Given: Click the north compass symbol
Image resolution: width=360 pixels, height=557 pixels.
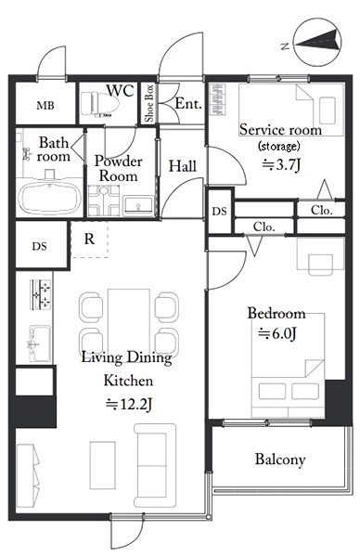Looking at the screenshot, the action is [317, 43].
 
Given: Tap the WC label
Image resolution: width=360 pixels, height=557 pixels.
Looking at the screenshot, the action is [121, 91].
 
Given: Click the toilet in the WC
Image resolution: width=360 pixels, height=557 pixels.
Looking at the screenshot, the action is [99, 104].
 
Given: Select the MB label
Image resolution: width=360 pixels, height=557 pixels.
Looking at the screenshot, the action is [45, 105].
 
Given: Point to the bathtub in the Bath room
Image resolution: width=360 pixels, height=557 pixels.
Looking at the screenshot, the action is [49, 200].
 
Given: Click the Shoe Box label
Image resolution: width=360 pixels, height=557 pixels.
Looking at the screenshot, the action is [149, 103].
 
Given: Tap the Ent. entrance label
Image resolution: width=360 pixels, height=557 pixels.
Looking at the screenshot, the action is [188, 103].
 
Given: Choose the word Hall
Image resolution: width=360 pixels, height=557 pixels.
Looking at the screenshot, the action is [183, 166].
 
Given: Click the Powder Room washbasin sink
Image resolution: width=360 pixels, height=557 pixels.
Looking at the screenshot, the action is [139, 206].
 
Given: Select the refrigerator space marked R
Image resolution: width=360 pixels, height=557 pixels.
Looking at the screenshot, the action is [89, 240].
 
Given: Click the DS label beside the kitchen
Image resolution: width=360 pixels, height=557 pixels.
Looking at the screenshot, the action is [39, 246].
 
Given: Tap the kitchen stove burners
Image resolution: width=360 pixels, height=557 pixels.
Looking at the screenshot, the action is [41, 294].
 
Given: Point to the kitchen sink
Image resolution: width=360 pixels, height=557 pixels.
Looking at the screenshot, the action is [40, 343].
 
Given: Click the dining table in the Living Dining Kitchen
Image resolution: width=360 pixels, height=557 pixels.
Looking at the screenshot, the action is [129, 322].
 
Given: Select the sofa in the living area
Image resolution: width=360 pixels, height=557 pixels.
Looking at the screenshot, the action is [155, 465].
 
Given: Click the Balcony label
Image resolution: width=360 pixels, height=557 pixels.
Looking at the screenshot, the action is [280, 460].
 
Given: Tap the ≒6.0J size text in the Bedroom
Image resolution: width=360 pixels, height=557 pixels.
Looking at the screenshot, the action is [277, 333].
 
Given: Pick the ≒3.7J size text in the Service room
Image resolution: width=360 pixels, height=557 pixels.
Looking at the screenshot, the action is [281, 164].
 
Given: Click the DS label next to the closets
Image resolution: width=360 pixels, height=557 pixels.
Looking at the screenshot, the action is [219, 212].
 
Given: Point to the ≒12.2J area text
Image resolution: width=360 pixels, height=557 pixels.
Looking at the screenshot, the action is [129, 404].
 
